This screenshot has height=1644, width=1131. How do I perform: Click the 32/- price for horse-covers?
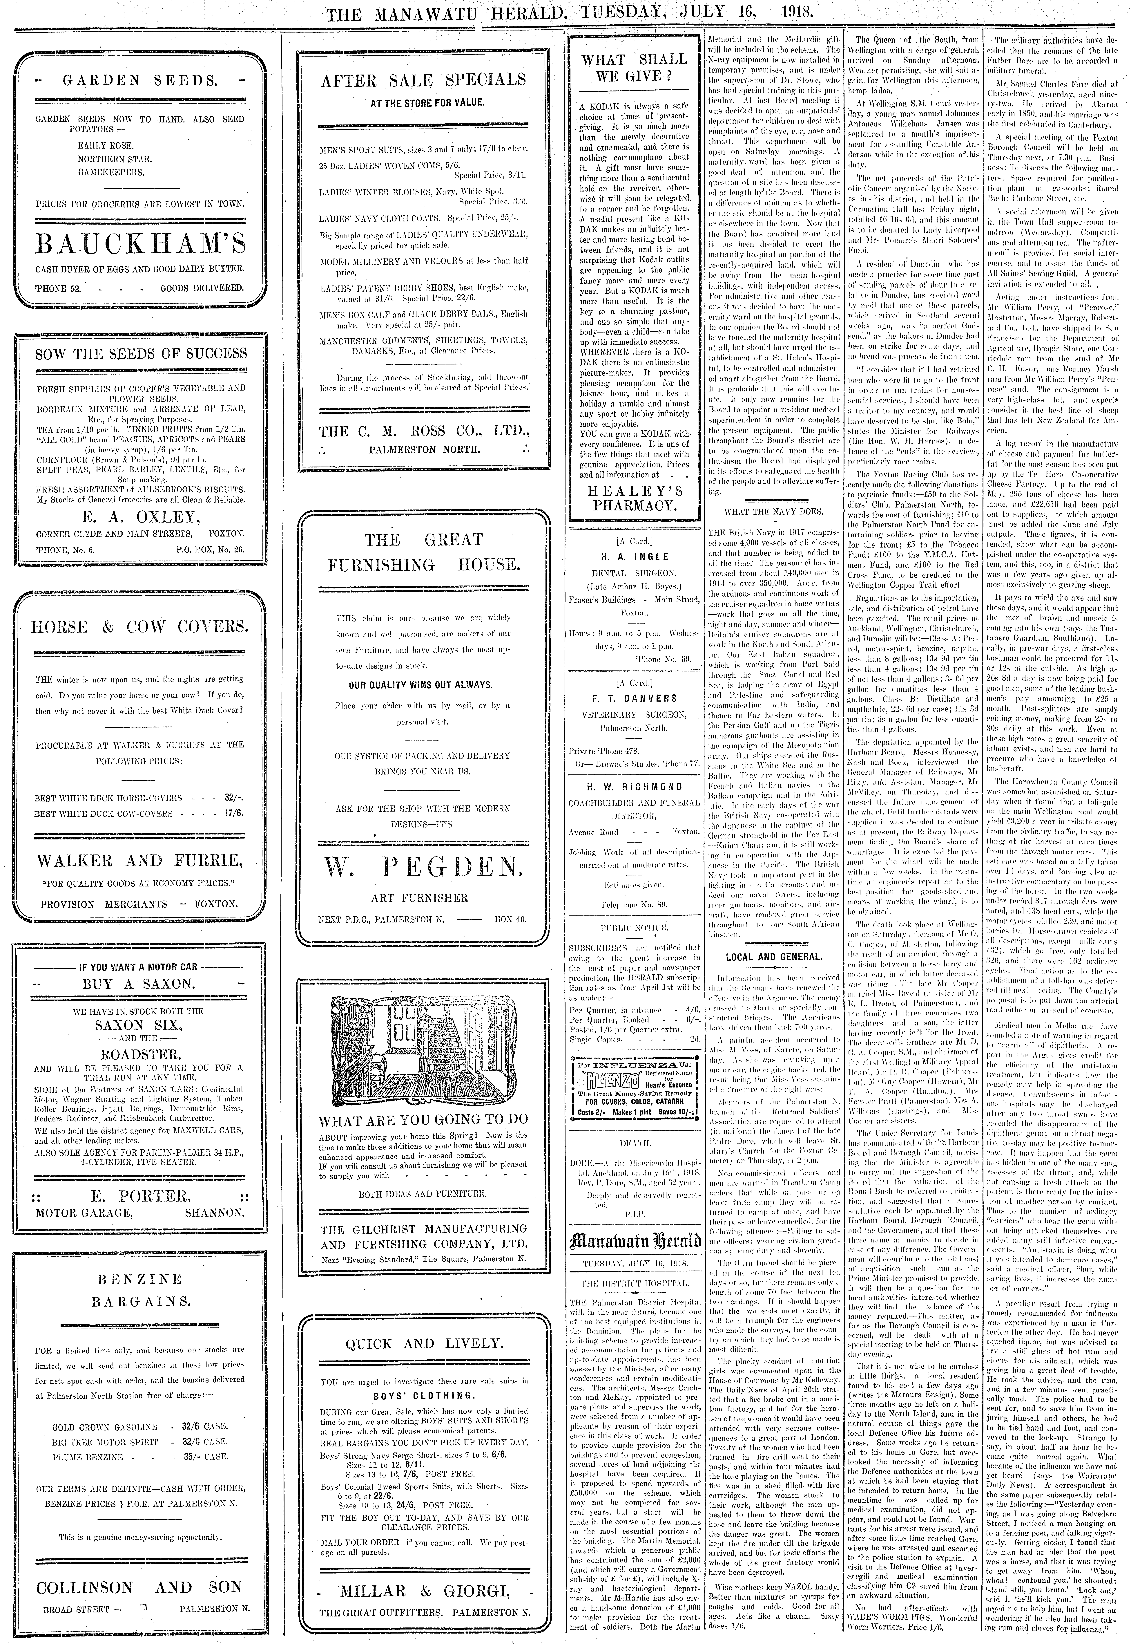pyautogui.click(x=233, y=798)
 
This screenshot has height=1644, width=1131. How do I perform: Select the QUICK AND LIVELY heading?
pyautogui.click(x=423, y=1343)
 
